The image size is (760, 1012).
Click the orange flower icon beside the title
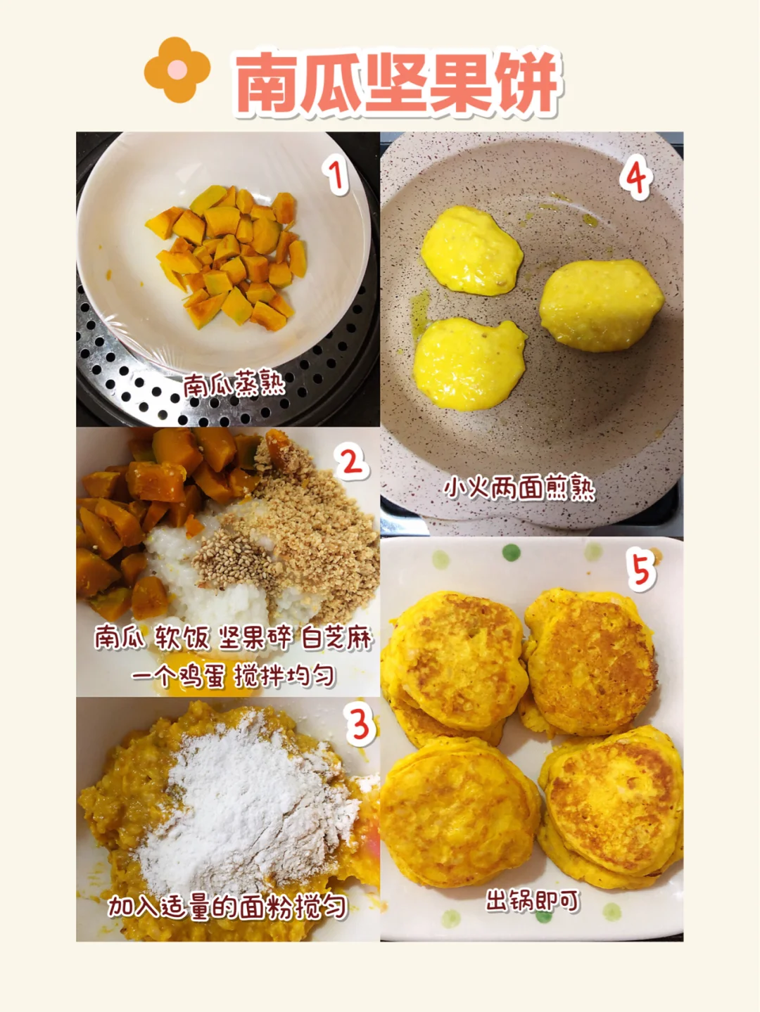point(177,70)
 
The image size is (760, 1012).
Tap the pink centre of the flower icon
point(177,70)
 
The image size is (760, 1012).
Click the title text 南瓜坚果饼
point(398,82)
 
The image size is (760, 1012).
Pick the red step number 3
point(360,725)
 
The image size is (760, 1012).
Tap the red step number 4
point(635,177)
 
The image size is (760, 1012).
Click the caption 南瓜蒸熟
point(234,384)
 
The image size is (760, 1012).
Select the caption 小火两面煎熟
point(519,489)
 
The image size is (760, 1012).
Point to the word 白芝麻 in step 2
point(336,638)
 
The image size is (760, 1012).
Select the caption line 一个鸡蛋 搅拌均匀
point(234,677)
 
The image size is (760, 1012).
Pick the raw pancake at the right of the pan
point(602,305)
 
